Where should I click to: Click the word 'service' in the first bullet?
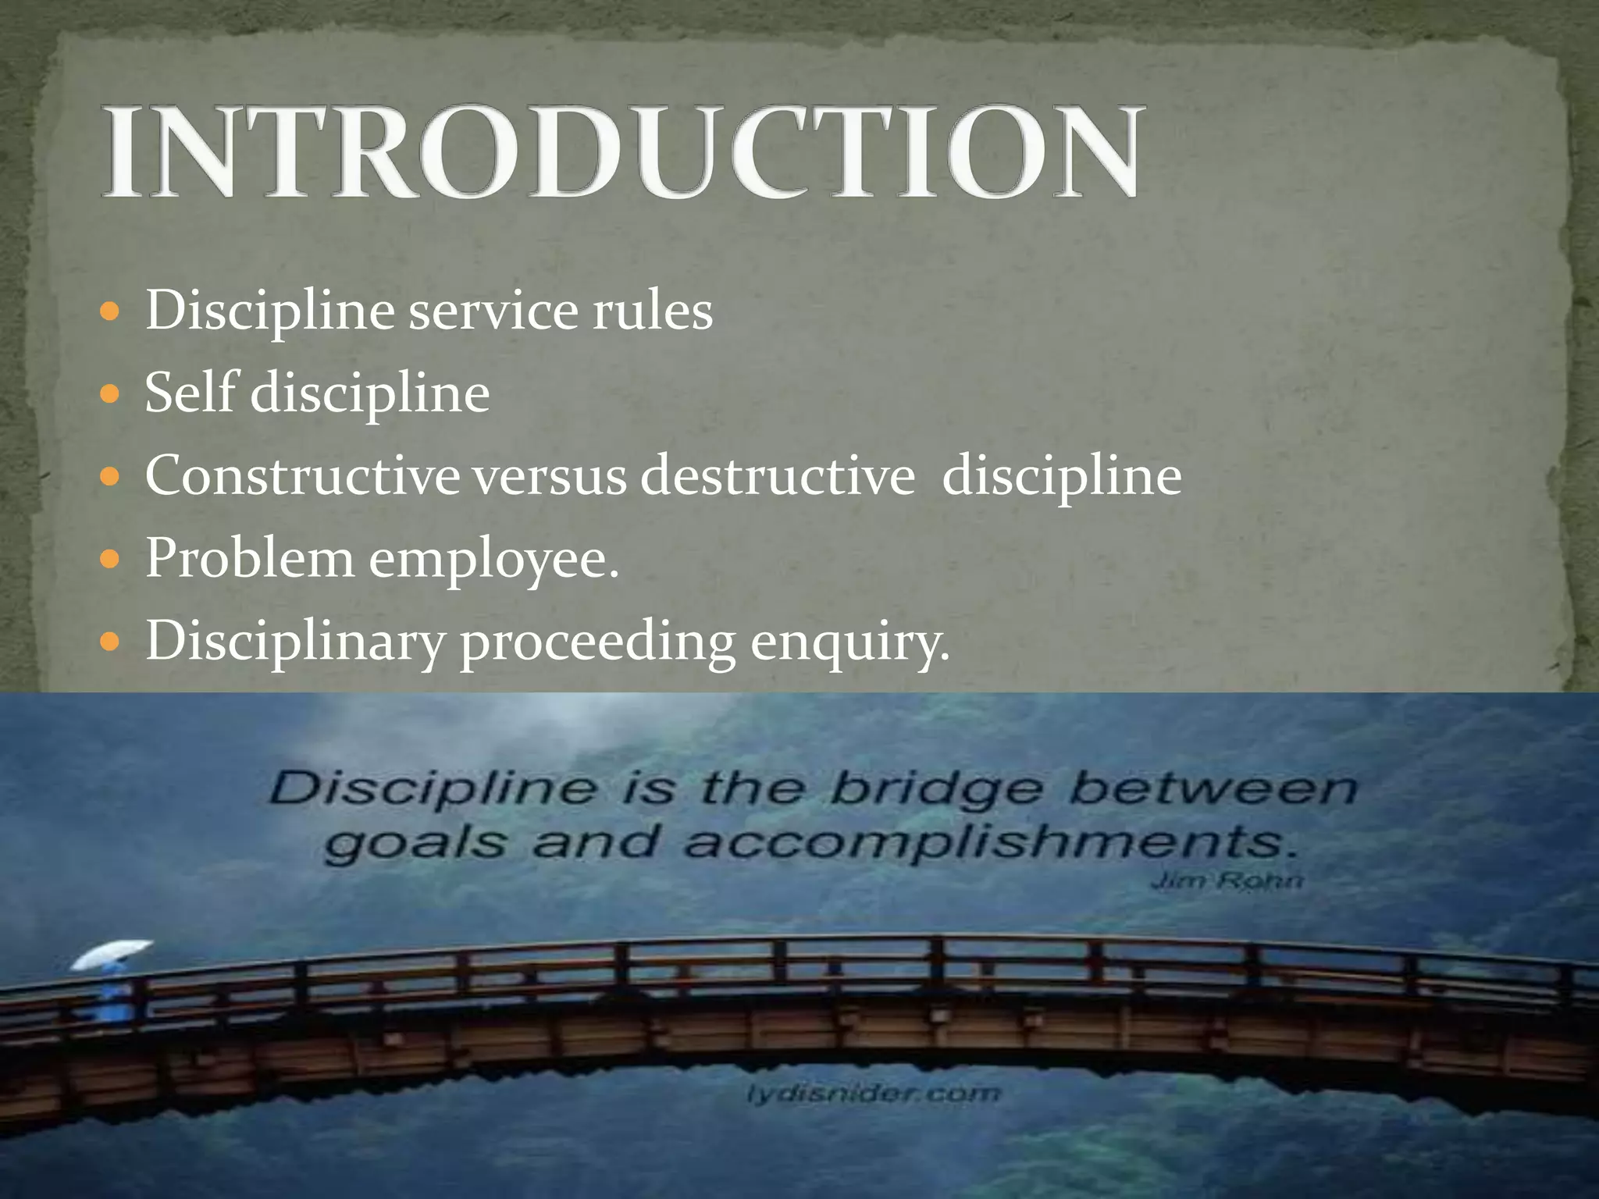tap(493, 311)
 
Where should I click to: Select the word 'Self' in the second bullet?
tap(190, 393)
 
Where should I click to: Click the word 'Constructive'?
tap(303, 475)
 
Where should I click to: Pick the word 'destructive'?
tap(778, 475)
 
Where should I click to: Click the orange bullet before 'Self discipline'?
tap(111, 393)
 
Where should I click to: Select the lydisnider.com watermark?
tap(873, 1094)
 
